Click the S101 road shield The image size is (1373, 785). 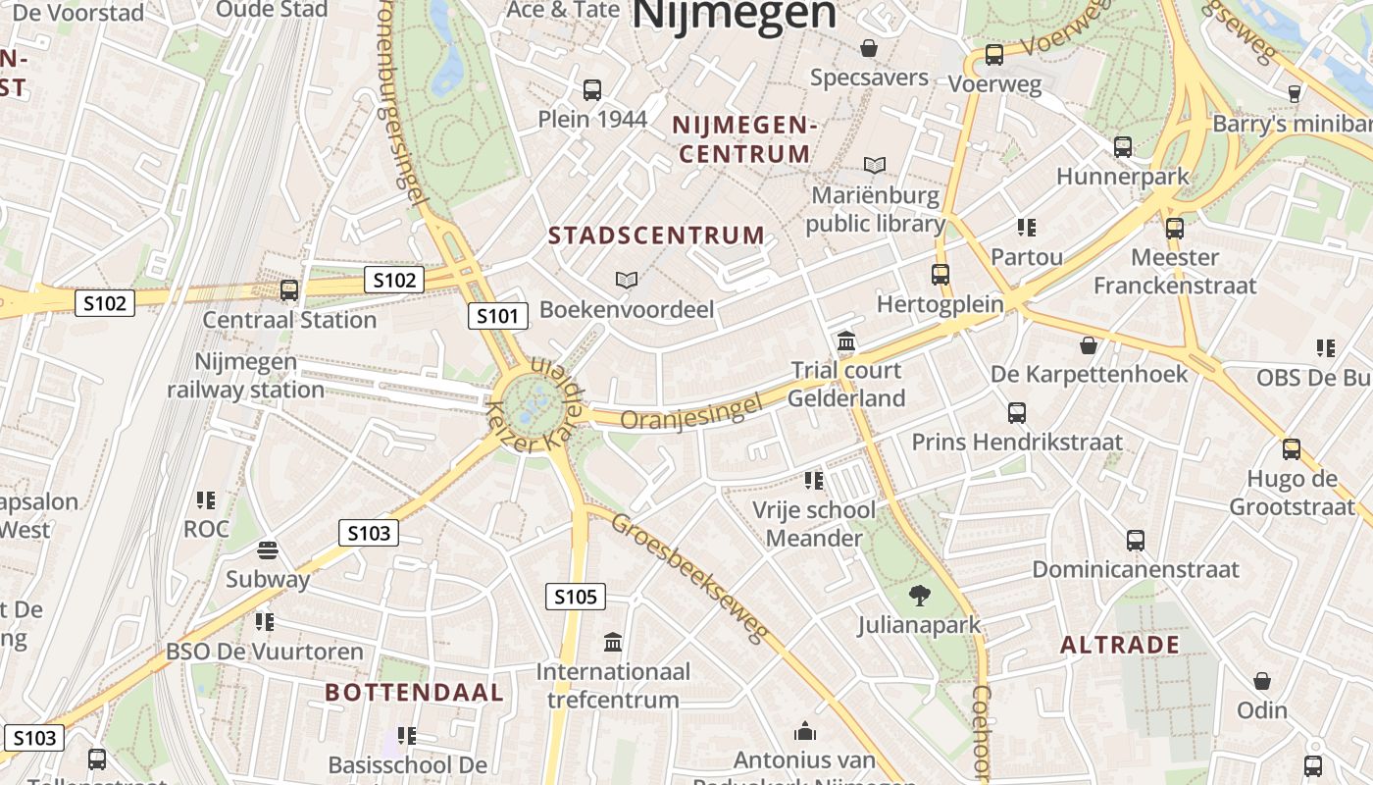(x=497, y=316)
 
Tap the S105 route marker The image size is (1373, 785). (x=575, y=597)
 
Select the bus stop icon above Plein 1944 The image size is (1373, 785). (x=592, y=90)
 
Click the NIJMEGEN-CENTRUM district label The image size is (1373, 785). (x=745, y=139)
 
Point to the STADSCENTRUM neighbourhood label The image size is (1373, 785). (x=656, y=235)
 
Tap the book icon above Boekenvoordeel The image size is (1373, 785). (x=627, y=280)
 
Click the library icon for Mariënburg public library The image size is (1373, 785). (x=874, y=166)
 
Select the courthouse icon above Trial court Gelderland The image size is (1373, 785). (x=845, y=341)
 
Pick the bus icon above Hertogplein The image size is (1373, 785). (x=941, y=275)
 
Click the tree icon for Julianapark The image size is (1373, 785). (x=919, y=594)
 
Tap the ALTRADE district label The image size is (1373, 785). (x=1120, y=645)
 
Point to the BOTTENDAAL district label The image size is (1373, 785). (x=414, y=693)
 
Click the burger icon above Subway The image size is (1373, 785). (x=268, y=549)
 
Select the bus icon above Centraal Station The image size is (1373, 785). (x=288, y=290)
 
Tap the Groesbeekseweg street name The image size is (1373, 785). (x=688, y=577)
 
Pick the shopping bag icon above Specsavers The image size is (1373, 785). (x=869, y=48)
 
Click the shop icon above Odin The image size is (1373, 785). (x=1262, y=681)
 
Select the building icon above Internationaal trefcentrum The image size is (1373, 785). (x=613, y=643)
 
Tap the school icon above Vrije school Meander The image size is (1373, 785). (x=813, y=481)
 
